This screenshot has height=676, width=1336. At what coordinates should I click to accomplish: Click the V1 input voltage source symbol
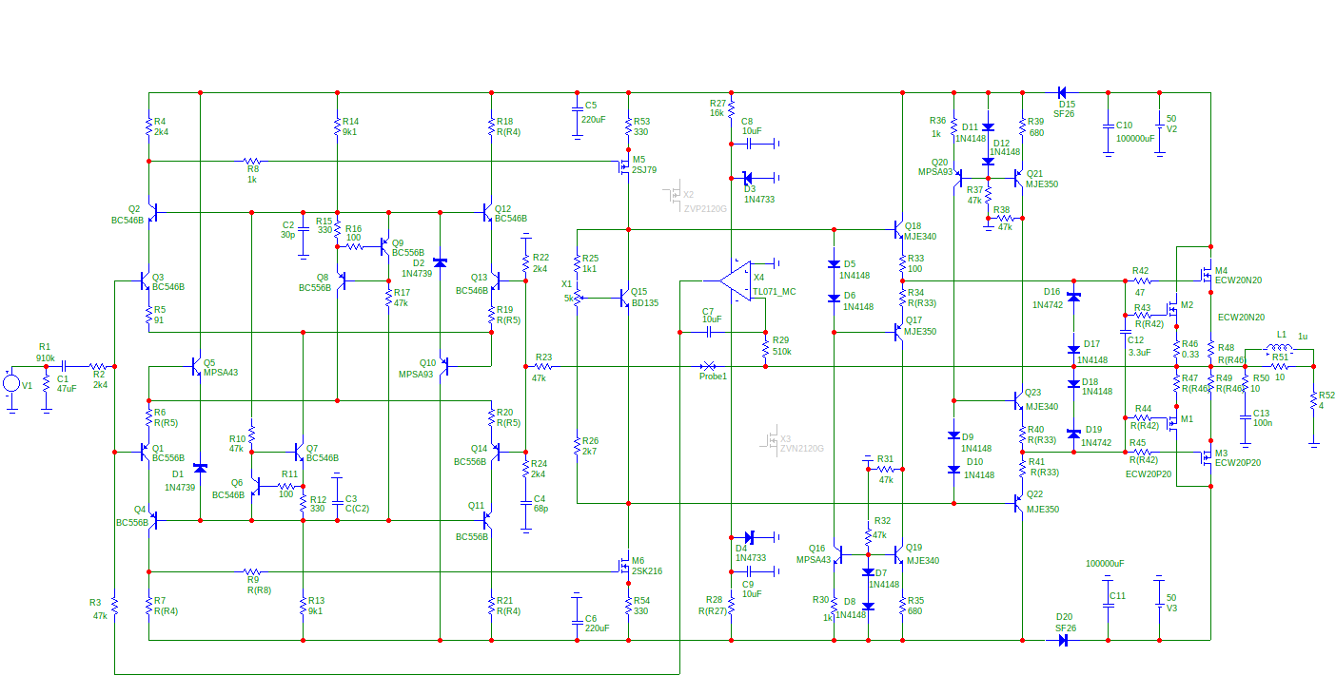(11, 383)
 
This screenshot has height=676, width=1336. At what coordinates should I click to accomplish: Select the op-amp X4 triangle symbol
(735, 280)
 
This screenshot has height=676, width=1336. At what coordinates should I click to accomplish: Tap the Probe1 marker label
(714, 377)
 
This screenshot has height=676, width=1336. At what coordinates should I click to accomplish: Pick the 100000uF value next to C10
(1135, 138)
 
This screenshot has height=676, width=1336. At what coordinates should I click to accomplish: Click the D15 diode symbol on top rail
(1062, 93)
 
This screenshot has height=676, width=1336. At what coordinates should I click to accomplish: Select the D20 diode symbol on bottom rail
(1062, 640)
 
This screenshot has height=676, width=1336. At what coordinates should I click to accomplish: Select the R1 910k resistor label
(45, 353)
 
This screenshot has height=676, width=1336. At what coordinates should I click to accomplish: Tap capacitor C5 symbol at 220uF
(577, 110)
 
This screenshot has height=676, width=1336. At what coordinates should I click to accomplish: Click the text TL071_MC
(774, 291)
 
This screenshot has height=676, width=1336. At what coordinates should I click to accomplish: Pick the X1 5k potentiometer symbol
(578, 298)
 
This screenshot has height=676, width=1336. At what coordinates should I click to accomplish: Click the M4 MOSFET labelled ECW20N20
(1205, 275)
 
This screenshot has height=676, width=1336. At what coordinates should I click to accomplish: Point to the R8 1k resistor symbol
(251, 162)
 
